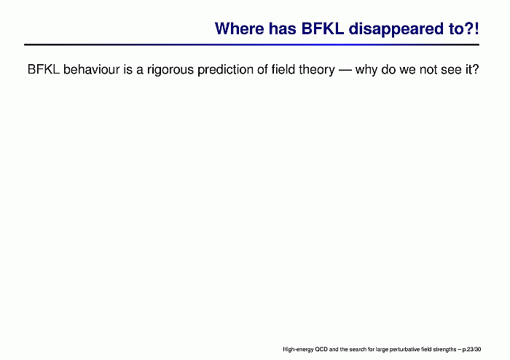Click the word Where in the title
pos(240,28)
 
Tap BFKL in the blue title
pos(323,28)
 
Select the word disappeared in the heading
pos(396,29)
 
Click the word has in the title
pos(283,28)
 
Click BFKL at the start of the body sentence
pos(44,69)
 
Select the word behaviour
pos(92,69)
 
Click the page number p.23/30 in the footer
pos(471,350)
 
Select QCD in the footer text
pos(321,349)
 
